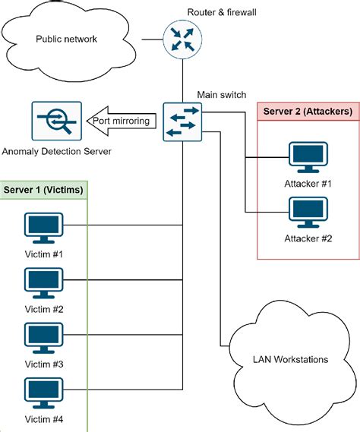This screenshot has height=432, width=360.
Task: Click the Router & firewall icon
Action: [x=182, y=39]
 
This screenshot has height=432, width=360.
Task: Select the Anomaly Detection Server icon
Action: [x=56, y=121]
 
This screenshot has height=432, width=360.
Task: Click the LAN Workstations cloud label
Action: [x=292, y=359]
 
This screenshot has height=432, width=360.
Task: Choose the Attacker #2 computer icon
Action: [x=308, y=213]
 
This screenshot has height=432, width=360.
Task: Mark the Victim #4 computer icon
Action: [x=44, y=393]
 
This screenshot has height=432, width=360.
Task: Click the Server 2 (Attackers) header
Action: [x=307, y=112]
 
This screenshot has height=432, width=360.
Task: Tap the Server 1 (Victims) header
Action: [x=44, y=189]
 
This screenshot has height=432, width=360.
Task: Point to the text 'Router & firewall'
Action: [x=222, y=11]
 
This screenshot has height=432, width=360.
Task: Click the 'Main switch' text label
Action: [x=222, y=94]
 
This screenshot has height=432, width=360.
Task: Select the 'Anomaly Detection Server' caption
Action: [x=56, y=152]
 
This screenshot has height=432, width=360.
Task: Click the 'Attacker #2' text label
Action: [x=308, y=238]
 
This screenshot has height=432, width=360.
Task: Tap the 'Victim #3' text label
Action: [x=44, y=363]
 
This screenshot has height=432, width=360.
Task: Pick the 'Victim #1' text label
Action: [x=44, y=253]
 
